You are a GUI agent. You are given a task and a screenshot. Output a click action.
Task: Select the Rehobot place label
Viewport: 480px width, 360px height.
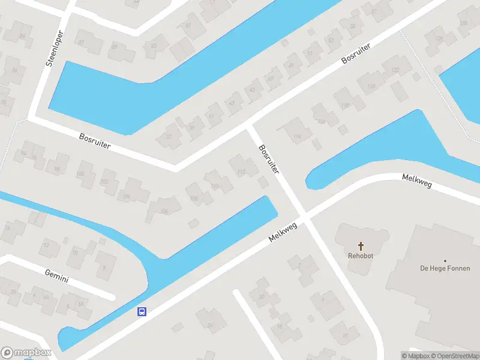pyautogui.click(x=361, y=256)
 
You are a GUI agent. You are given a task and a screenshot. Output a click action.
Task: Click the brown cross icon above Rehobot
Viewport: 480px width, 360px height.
pyautogui.click(x=361, y=245)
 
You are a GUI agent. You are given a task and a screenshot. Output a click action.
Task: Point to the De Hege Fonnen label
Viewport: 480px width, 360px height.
pyautogui.click(x=445, y=269)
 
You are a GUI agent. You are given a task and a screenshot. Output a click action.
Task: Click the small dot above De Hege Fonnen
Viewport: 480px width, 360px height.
pyautogui.click(x=445, y=260)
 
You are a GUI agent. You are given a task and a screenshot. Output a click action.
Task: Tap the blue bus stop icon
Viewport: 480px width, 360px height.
pyautogui.click(x=142, y=311)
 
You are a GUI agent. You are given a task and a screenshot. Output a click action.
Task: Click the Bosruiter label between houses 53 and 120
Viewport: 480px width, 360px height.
pyautogui.click(x=356, y=53)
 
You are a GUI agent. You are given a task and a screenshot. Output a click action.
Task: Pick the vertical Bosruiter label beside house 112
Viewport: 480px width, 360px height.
pyautogui.click(x=269, y=158)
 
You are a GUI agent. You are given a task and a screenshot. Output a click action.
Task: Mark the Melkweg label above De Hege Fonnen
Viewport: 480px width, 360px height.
pyautogui.click(x=416, y=181)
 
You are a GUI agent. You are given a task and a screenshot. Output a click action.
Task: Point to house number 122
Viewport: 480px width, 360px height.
pyautogui.click(x=395, y=70)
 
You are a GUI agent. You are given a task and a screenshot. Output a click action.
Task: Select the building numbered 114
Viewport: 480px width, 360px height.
pyautogui.click(x=296, y=137)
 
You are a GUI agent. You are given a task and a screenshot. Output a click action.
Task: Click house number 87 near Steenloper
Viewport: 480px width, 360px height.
pyautogui.click(x=82, y=41)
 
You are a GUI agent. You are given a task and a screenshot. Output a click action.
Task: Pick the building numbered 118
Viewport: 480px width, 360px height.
pyautogui.click(x=344, y=106)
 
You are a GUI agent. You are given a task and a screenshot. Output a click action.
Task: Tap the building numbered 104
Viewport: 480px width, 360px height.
pyautogui.click(x=125, y=196)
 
